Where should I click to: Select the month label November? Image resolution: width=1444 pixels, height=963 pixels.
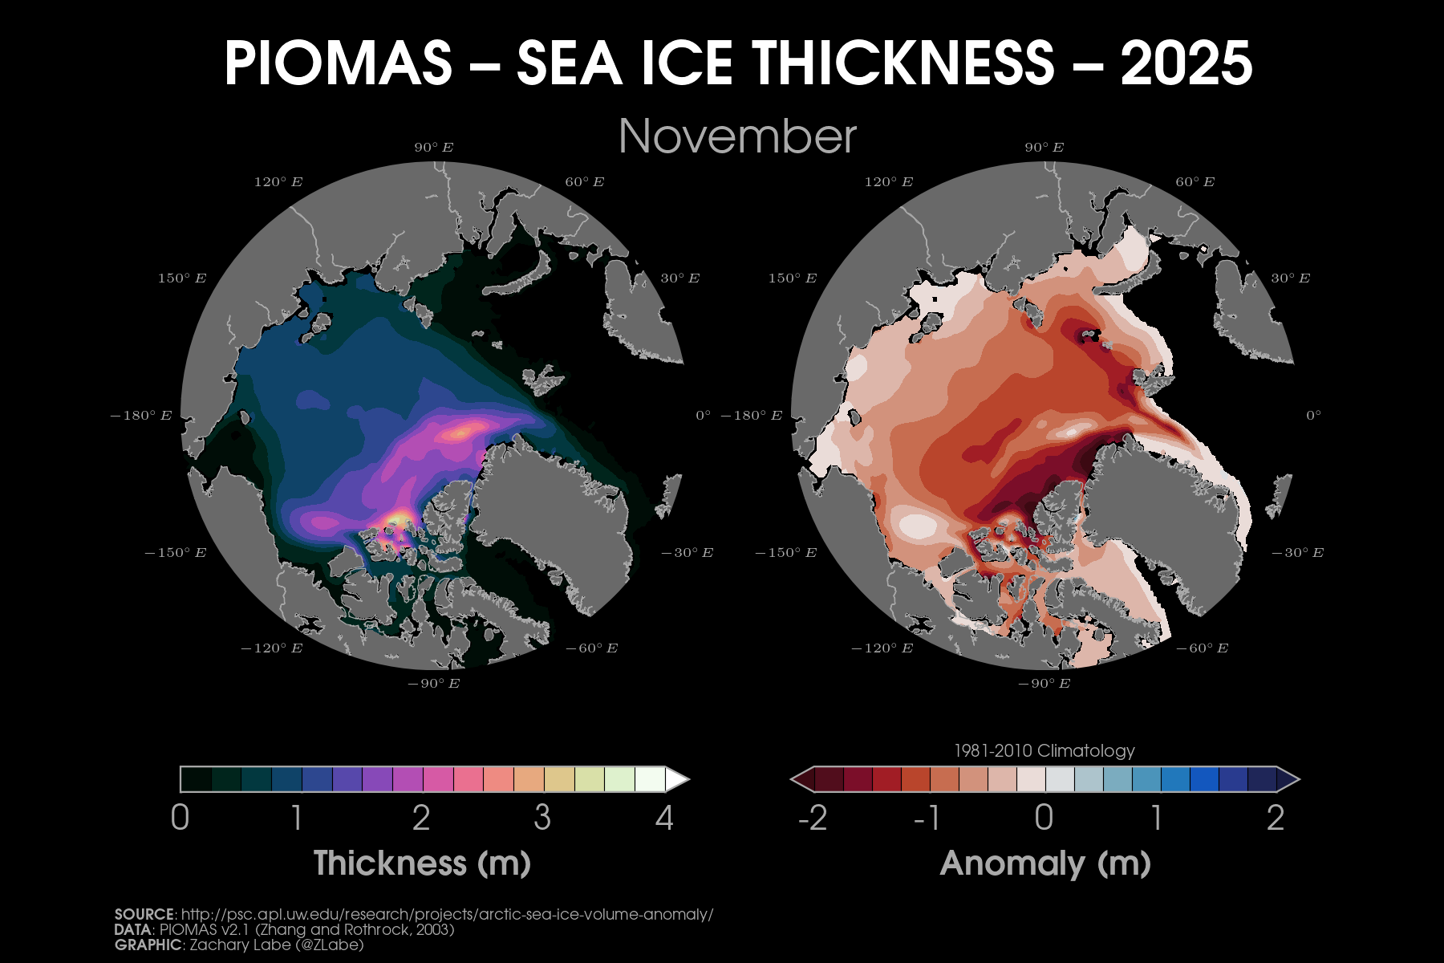tap(737, 136)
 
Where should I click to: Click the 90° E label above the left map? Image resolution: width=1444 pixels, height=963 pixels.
tap(434, 148)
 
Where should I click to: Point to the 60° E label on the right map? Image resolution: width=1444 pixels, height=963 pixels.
tap(1195, 182)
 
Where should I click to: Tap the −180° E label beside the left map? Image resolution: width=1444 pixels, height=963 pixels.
tap(141, 416)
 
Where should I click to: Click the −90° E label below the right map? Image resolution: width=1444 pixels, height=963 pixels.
tap(1044, 684)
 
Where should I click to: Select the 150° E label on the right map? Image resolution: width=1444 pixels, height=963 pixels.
tap(792, 278)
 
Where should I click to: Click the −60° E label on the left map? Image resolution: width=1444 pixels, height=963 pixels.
tap(591, 648)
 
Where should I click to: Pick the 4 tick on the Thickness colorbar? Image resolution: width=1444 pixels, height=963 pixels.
tap(664, 818)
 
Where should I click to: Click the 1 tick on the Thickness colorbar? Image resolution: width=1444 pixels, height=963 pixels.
tap(297, 818)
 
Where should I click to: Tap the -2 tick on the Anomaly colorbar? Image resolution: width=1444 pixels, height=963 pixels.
tap(813, 818)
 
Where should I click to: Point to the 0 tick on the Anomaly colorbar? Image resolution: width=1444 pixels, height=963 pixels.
tap(1044, 818)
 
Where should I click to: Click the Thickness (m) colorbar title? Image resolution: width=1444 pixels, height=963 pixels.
tap(422, 863)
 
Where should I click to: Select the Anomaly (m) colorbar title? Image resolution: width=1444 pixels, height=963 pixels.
tap(1045, 863)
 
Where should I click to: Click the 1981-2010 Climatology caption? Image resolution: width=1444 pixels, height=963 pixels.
tap(1044, 751)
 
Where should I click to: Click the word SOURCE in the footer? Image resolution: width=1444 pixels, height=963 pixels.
tap(144, 915)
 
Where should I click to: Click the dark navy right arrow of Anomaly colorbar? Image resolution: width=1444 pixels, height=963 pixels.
tap(1288, 779)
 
